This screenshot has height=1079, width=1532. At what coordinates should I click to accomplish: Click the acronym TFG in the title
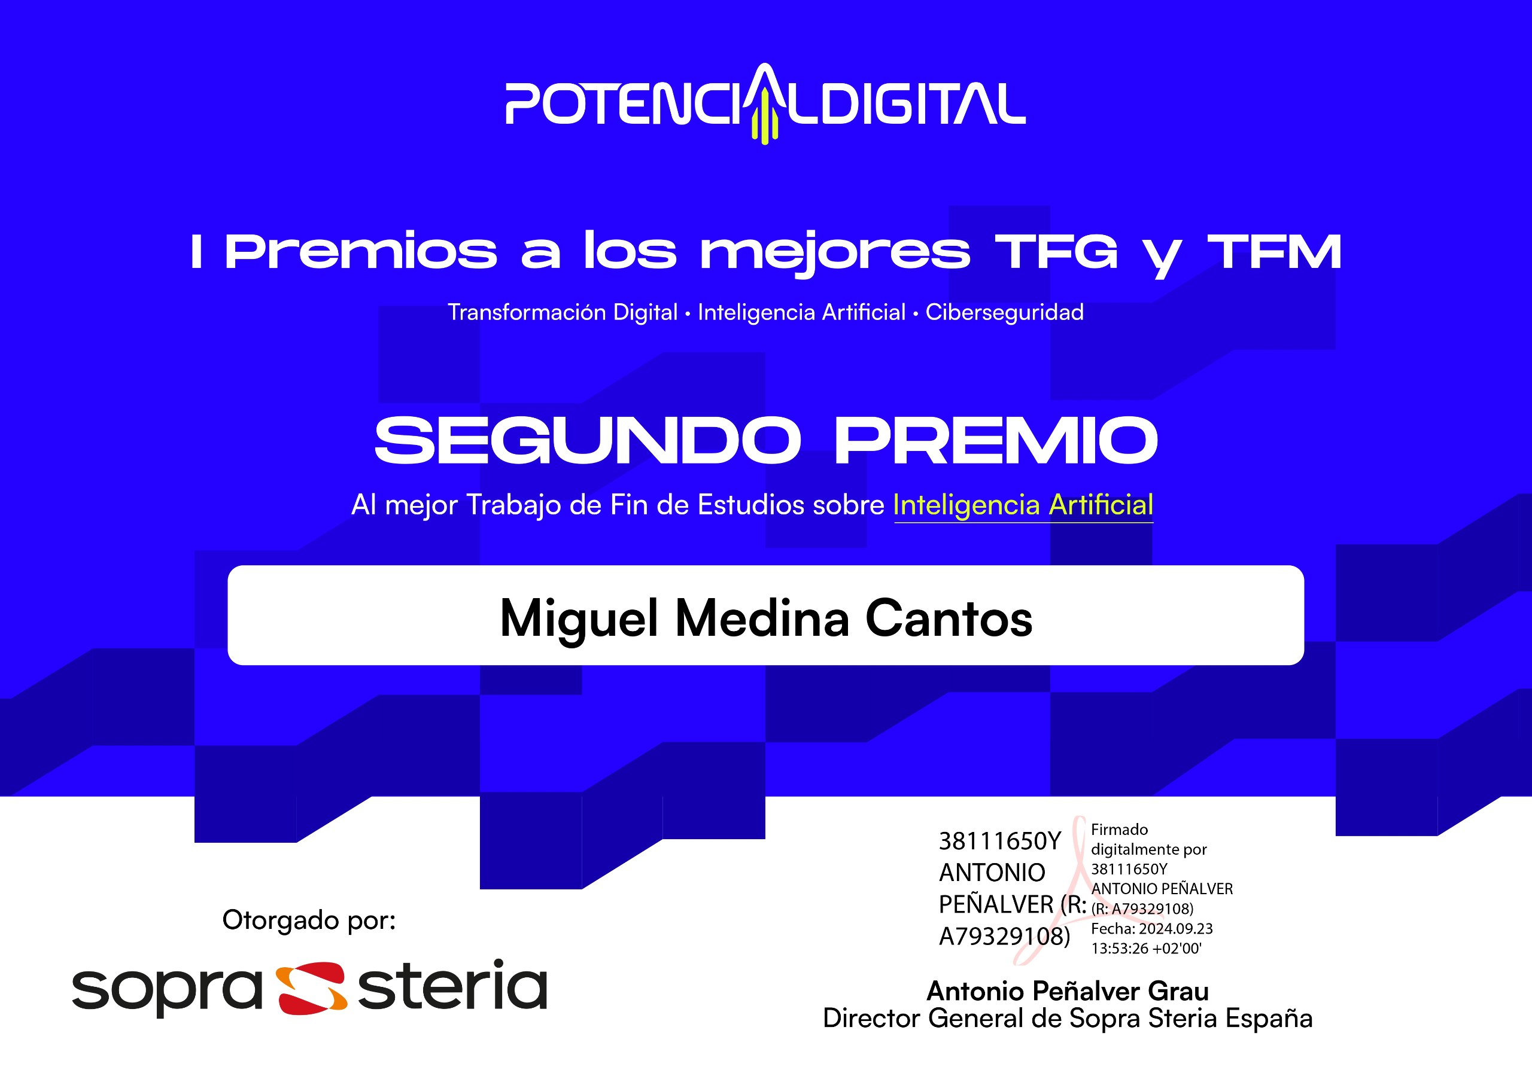[x=1056, y=252]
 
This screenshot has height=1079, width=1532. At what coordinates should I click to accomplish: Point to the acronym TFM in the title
[x=1275, y=252]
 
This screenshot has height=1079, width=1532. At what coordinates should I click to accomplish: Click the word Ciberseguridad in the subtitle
[x=1004, y=312]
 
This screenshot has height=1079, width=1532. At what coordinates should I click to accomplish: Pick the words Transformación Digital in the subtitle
[x=563, y=312]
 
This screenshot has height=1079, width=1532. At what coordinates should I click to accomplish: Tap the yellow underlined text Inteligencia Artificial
[x=1023, y=505]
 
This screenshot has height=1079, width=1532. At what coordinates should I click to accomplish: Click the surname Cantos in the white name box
[x=949, y=618]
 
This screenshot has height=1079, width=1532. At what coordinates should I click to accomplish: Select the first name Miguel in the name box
[x=579, y=618]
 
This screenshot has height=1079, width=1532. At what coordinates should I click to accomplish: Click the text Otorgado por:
[x=309, y=920]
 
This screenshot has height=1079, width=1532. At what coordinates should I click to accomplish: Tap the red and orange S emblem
[x=311, y=987]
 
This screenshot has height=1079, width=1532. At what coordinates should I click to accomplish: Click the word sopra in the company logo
[x=167, y=989]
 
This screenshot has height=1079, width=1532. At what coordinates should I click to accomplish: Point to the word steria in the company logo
[x=452, y=986]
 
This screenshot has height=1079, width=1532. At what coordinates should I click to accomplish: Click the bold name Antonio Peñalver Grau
[x=1068, y=991]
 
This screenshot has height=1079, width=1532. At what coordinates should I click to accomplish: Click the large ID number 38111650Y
[x=999, y=842]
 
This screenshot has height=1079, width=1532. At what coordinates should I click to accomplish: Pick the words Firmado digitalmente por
[x=1148, y=840]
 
